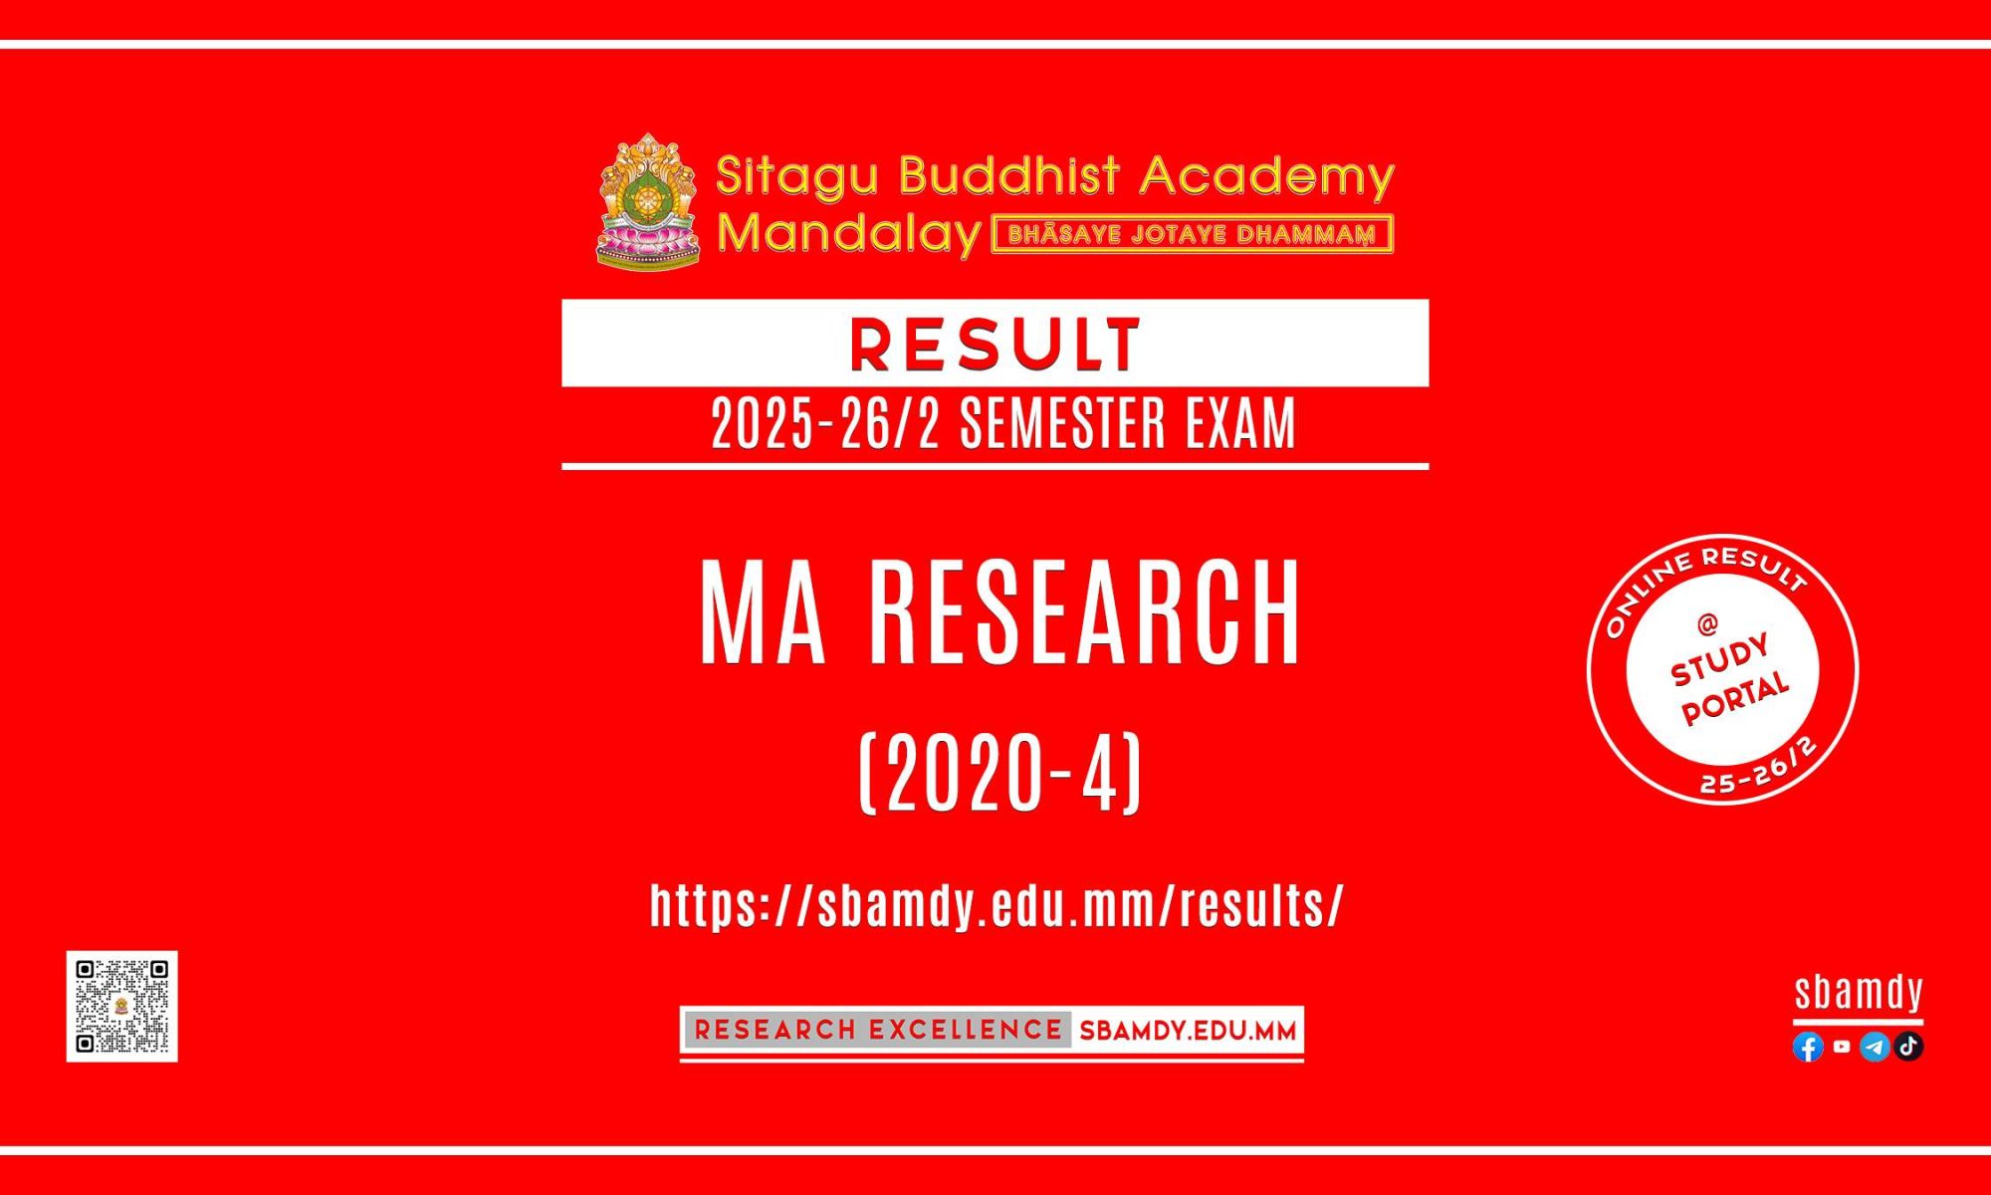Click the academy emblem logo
(x=648, y=201)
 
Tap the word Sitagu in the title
(x=797, y=175)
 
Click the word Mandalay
(x=849, y=234)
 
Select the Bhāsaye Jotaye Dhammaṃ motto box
(x=1193, y=235)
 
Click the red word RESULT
(x=995, y=345)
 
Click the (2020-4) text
(x=999, y=774)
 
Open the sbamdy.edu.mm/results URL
(x=997, y=905)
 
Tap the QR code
(x=122, y=1006)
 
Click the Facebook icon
(x=1808, y=1047)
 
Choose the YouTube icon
(x=1842, y=1047)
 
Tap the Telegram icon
(x=1875, y=1047)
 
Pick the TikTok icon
(x=1908, y=1047)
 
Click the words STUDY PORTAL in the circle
(x=1730, y=677)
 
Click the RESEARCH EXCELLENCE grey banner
(x=877, y=1030)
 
